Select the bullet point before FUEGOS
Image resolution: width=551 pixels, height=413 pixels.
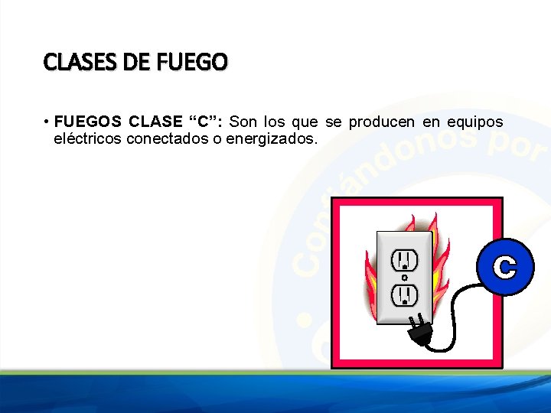(47, 122)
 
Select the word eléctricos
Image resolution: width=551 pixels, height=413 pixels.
(88, 139)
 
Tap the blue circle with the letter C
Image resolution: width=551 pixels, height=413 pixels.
(504, 267)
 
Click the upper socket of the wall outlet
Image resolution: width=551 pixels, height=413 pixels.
(404, 260)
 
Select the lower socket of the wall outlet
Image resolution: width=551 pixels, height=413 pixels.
(404, 294)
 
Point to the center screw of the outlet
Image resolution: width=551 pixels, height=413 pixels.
(404, 278)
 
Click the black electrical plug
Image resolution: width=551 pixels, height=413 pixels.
(421, 330)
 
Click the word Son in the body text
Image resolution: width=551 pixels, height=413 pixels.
(243, 122)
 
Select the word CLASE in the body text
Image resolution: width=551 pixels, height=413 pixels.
(155, 122)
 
